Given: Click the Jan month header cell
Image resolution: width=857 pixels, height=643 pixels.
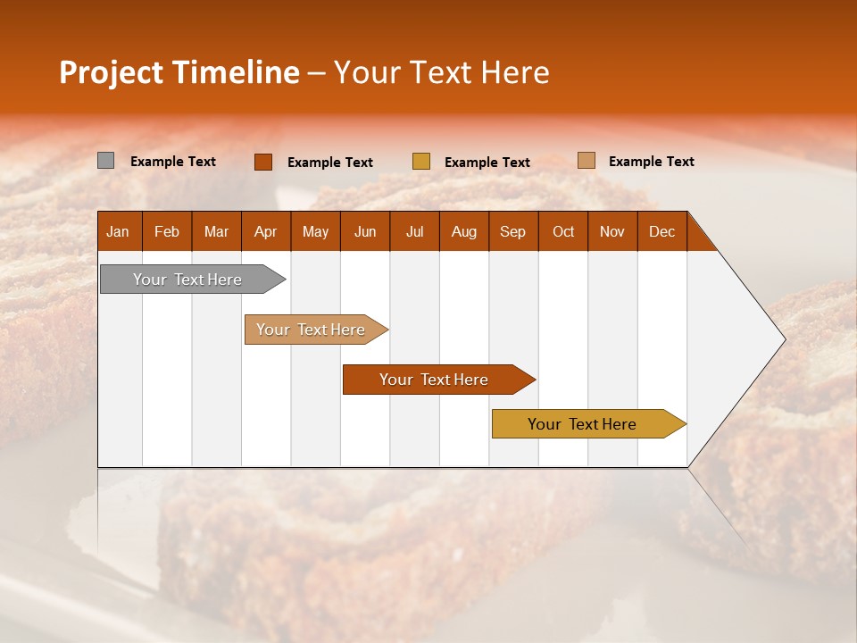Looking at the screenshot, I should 118,231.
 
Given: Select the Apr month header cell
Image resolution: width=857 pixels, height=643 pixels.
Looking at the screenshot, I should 265,231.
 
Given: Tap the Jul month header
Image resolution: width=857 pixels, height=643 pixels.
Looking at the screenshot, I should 414,231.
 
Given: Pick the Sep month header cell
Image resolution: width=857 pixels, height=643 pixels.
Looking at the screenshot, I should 512,231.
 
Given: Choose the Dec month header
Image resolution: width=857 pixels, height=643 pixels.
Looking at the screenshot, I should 661,231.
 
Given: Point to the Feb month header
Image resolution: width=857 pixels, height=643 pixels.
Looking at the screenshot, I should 167,231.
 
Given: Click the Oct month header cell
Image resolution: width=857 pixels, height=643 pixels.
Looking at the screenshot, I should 563,231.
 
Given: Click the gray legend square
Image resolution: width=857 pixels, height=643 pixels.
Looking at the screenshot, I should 106,161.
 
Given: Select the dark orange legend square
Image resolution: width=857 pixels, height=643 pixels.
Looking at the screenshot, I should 263,162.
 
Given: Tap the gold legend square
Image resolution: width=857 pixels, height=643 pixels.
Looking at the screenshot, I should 421,162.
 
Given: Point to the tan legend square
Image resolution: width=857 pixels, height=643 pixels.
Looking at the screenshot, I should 587,161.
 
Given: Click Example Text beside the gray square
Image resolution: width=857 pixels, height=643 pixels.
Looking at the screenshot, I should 173,162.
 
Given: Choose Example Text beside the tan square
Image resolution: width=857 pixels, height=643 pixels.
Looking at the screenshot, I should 651,162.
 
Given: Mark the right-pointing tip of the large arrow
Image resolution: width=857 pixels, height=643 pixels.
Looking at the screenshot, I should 784,339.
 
